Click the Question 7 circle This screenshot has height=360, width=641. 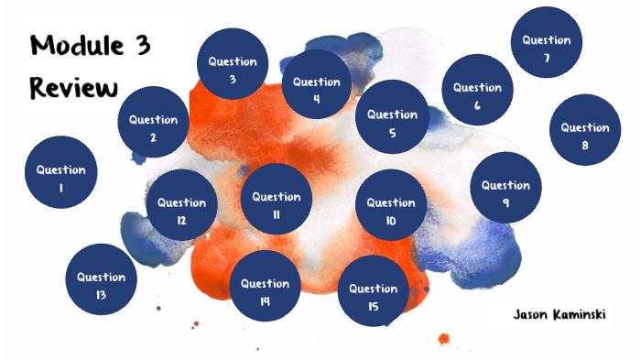coord(547,42)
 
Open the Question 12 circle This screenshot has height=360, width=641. coord(181,205)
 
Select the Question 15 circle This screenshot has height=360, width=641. coord(373,291)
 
